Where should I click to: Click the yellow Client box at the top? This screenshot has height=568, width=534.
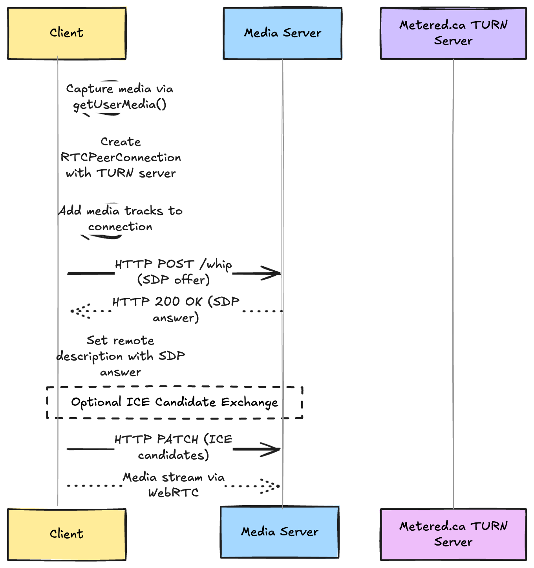67,33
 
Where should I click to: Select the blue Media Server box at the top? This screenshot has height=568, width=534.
283,33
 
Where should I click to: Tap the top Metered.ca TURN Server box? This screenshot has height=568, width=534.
453,33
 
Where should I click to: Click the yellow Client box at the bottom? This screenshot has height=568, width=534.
67,534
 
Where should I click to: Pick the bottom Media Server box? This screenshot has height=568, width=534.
280,532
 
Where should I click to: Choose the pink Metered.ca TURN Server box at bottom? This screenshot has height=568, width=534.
453,534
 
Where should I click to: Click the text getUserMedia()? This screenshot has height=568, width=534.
120,105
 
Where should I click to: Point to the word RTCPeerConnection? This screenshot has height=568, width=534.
121,158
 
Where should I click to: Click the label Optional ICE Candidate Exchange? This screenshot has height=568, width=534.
174,402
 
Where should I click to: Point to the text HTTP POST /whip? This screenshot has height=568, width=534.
173,264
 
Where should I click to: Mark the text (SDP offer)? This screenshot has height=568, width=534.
173,280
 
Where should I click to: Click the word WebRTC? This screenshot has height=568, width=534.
173,493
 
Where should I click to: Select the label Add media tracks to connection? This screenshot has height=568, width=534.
121,219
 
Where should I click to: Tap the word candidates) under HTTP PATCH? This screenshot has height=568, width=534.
173,455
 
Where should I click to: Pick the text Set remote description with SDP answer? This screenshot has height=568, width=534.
121,356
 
